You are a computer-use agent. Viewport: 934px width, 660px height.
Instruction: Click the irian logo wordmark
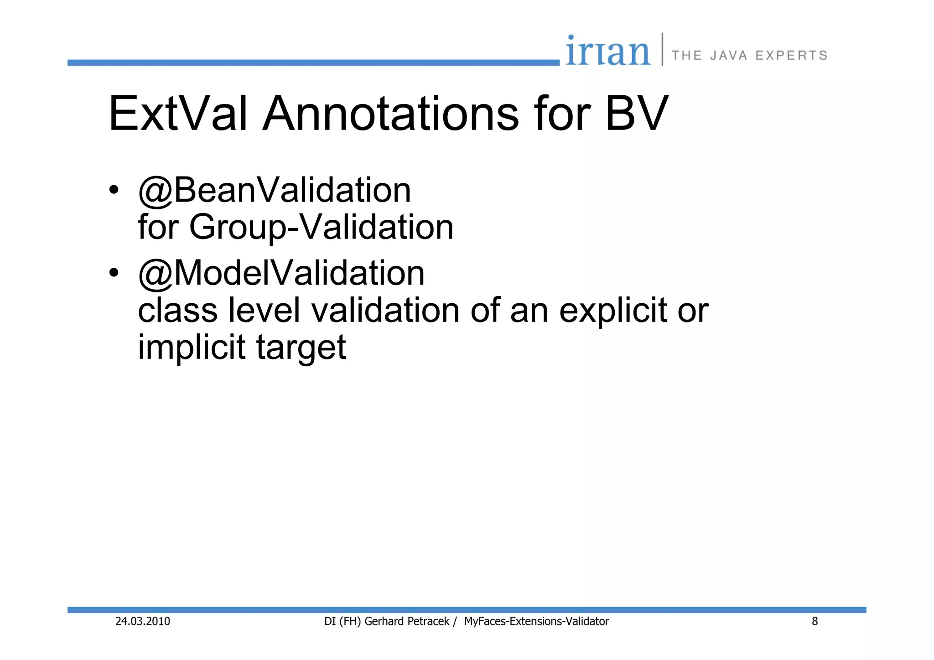click(x=608, y=51)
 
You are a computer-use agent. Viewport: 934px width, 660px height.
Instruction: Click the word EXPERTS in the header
click(x=791, y=56)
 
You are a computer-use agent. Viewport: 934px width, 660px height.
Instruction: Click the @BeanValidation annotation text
click(x=275, y=190)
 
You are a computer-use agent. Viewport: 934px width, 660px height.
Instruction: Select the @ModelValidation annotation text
click(x=281, y=273)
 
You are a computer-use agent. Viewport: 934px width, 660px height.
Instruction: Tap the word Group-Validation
click(x=321, y=227)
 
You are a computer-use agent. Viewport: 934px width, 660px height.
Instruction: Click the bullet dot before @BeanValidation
click(x=114, y=189)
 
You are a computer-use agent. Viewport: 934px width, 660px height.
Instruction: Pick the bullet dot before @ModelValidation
click(x=114, y=272)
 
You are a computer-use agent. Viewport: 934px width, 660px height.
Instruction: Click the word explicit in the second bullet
click(x=612, y=311)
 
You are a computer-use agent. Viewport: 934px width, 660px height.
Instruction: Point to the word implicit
click(x=192, y=348)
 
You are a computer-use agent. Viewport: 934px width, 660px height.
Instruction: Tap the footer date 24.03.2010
click(x=142, y=621)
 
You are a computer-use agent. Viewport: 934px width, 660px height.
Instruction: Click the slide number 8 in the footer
click(x=815, y=621)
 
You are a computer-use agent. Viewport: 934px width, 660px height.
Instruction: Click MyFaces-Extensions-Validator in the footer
click(x=536, y=621)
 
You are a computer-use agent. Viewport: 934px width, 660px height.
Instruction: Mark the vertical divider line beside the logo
click(x=662, y=49)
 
